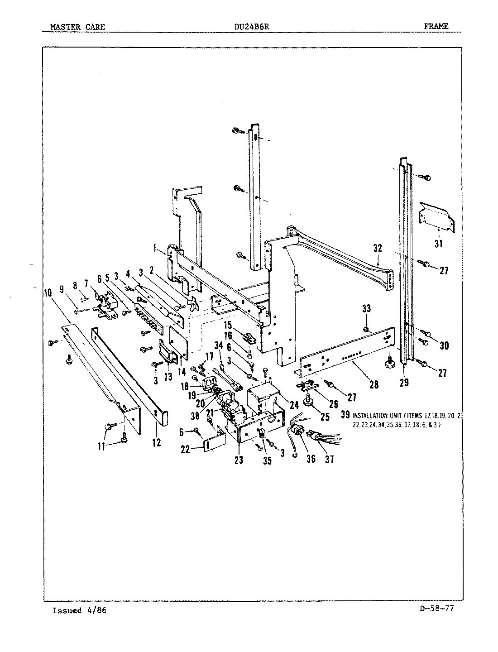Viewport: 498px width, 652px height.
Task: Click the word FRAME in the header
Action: (x=436, y=26)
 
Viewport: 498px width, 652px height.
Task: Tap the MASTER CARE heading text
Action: (x=77, y=27)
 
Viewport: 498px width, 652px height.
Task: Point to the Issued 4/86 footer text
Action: (x=80, y=610)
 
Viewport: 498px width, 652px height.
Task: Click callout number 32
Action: (x=378, y=248)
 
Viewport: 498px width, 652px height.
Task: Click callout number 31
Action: (x=438, y=244)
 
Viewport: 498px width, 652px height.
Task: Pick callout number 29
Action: (x=404, y=383)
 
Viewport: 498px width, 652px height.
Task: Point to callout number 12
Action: (x=156, y=442)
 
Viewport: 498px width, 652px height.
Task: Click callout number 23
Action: (x=239, y=460)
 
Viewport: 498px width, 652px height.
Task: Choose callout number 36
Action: (x=311, y=459)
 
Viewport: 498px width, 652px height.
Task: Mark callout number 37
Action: (x=330, y=459)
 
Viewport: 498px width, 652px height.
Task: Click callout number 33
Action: (x=366, y=309)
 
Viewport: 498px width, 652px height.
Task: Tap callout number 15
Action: (x=227, y=325)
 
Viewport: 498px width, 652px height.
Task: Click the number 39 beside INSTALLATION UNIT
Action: (x=345, y=415)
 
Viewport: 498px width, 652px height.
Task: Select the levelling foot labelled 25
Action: (x=311, y=403)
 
